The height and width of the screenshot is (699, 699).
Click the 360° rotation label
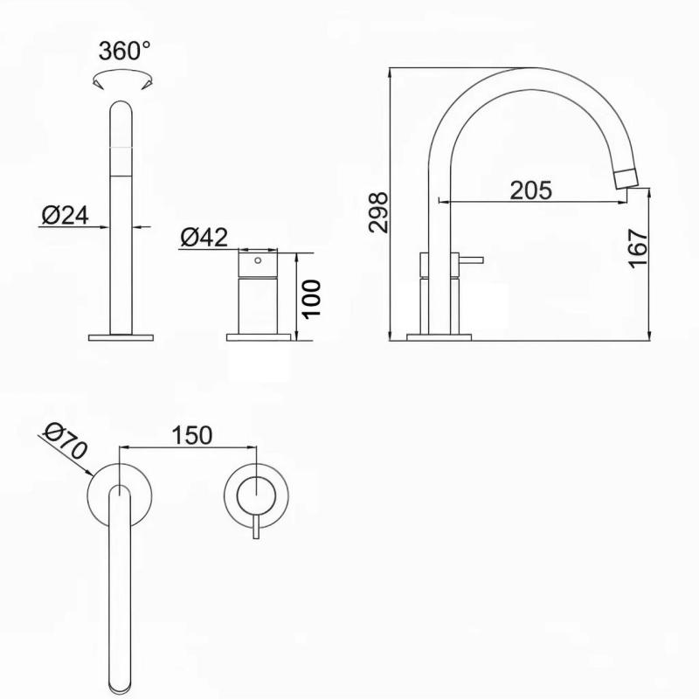[x=124, y=51]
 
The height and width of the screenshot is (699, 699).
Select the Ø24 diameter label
[x=65, y=214]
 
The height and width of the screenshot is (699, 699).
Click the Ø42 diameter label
[x=203, y=237]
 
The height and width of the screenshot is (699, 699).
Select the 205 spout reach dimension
[x=531, y=190]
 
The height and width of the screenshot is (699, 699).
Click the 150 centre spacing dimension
[x=192, y=434]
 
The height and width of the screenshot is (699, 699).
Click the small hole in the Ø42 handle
[x=257, y=260]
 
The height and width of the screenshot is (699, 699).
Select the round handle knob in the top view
[x=254, y=494]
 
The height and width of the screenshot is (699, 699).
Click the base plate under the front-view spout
[x=121, y=336]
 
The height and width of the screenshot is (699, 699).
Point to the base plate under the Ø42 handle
[x=260, y=336]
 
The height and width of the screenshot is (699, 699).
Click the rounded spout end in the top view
[x=121, y=677]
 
